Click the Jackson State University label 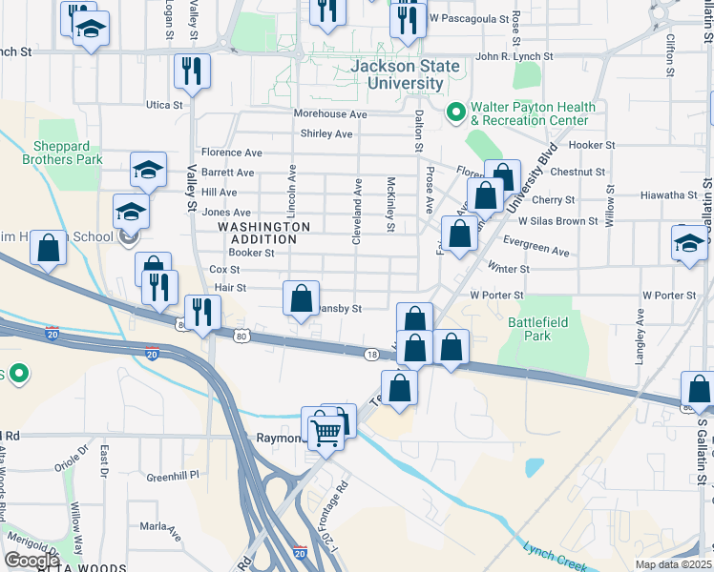coord(405,74)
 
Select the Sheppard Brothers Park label coord(68,153)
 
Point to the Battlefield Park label coord(537,329)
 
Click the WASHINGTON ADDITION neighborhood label coord(264,234)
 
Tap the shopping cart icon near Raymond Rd coord(326,433)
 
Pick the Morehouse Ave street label coord(330,114)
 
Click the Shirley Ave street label coord(327,134)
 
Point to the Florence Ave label coord(232,153)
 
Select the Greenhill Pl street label coord(172,475)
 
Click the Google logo coord(32,561)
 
